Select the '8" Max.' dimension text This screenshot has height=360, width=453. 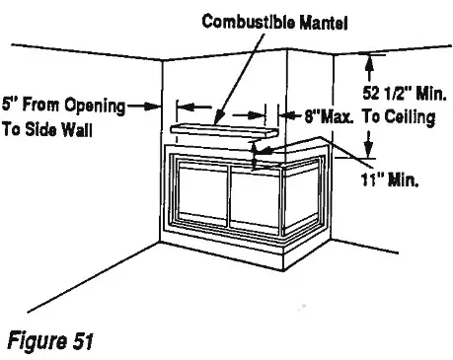point(330,115)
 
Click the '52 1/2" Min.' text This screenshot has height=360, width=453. point(405,96)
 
